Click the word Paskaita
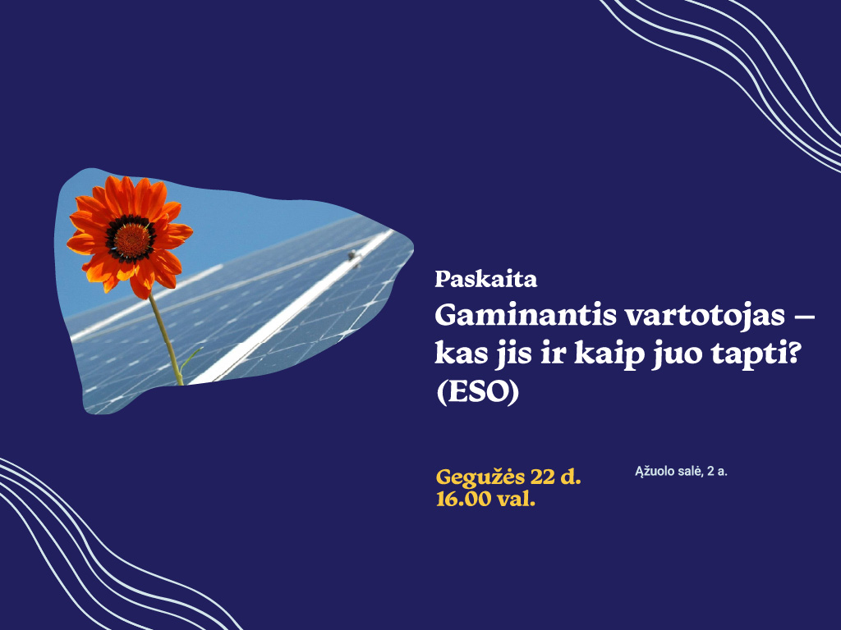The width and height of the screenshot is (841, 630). click(x=485, y=279)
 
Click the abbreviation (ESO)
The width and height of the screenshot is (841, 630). click(x=477, y=393)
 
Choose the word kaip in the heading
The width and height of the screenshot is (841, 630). click(x=609, y=354)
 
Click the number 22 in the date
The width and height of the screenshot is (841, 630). click(x=542, y=476)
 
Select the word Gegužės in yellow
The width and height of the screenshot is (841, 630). click(x=480, y=477)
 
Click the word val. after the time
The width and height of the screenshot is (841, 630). click(x=516, y=499)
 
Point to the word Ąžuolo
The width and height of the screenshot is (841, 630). click(x=653, y=472)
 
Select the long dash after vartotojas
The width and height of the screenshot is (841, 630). click(x=804, y=317)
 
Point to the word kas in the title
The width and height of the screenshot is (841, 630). click(x=460, y=354)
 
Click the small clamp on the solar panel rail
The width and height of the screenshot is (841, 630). click(x=353, y=258)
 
